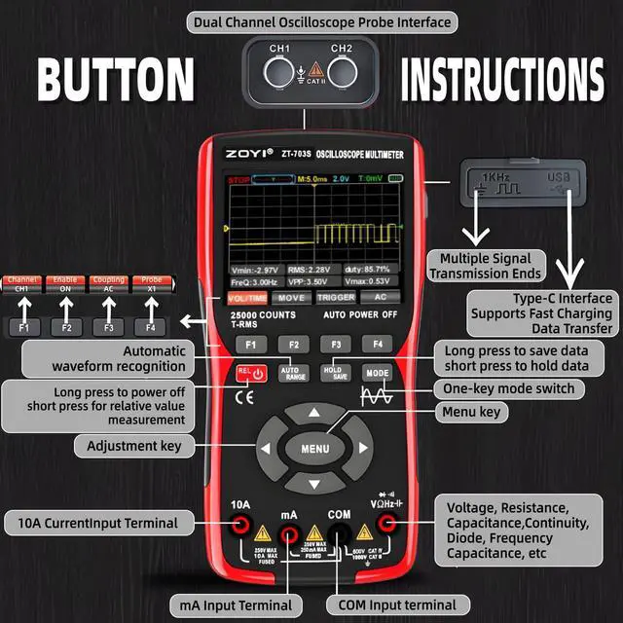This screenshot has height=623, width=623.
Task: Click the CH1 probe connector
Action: point(280,72)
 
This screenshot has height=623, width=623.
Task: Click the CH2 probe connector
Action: point(342,72)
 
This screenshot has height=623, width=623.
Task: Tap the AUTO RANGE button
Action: point(293,373)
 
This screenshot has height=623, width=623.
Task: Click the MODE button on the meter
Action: point(377,373)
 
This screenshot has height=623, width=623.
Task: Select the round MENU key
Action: point(314,449)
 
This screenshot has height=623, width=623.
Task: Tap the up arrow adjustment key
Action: point(314,413)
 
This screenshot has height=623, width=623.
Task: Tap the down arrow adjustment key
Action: point(314,484)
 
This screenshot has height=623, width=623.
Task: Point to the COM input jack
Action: point(339,532)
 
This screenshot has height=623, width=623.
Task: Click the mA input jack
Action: point(289,532)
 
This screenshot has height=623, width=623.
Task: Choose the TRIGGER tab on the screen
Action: point(335,297)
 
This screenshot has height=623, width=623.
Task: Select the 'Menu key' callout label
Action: point(474,413)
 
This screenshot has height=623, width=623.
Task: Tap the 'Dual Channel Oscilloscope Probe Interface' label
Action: point(322,21)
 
